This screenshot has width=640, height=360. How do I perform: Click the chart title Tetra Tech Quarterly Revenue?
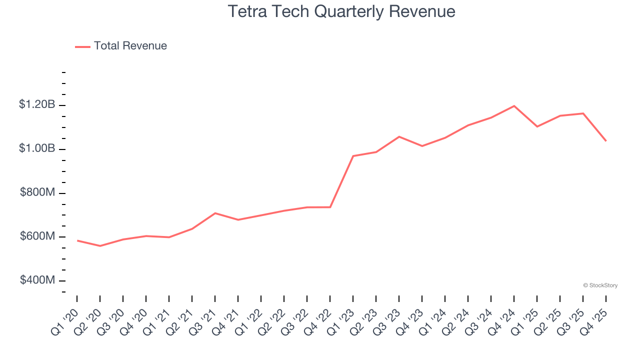pos(341,11)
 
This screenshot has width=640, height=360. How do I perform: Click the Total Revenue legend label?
pos(130,46)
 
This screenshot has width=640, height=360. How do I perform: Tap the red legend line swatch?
pos(82,46)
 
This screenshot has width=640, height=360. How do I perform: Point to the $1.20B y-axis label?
pos(37,105)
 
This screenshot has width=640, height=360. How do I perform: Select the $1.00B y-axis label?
pos(37,149)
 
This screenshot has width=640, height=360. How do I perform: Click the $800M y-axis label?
pos(37,193)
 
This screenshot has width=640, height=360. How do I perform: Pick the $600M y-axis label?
pos(37,236)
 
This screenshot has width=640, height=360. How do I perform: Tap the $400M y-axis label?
pos(37,280)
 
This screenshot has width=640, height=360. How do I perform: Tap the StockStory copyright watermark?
pos(600,285)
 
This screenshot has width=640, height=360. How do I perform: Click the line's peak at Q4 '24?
pos(514,106)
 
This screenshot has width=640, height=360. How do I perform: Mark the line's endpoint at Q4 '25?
pos(606,141)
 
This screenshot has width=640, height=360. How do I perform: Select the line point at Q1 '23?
pos(353,156)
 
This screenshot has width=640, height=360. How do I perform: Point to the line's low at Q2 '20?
pos(100,246)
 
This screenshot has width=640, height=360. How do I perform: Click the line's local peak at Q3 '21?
pos(215,213)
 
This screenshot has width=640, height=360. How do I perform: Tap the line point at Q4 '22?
pos(330,207)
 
